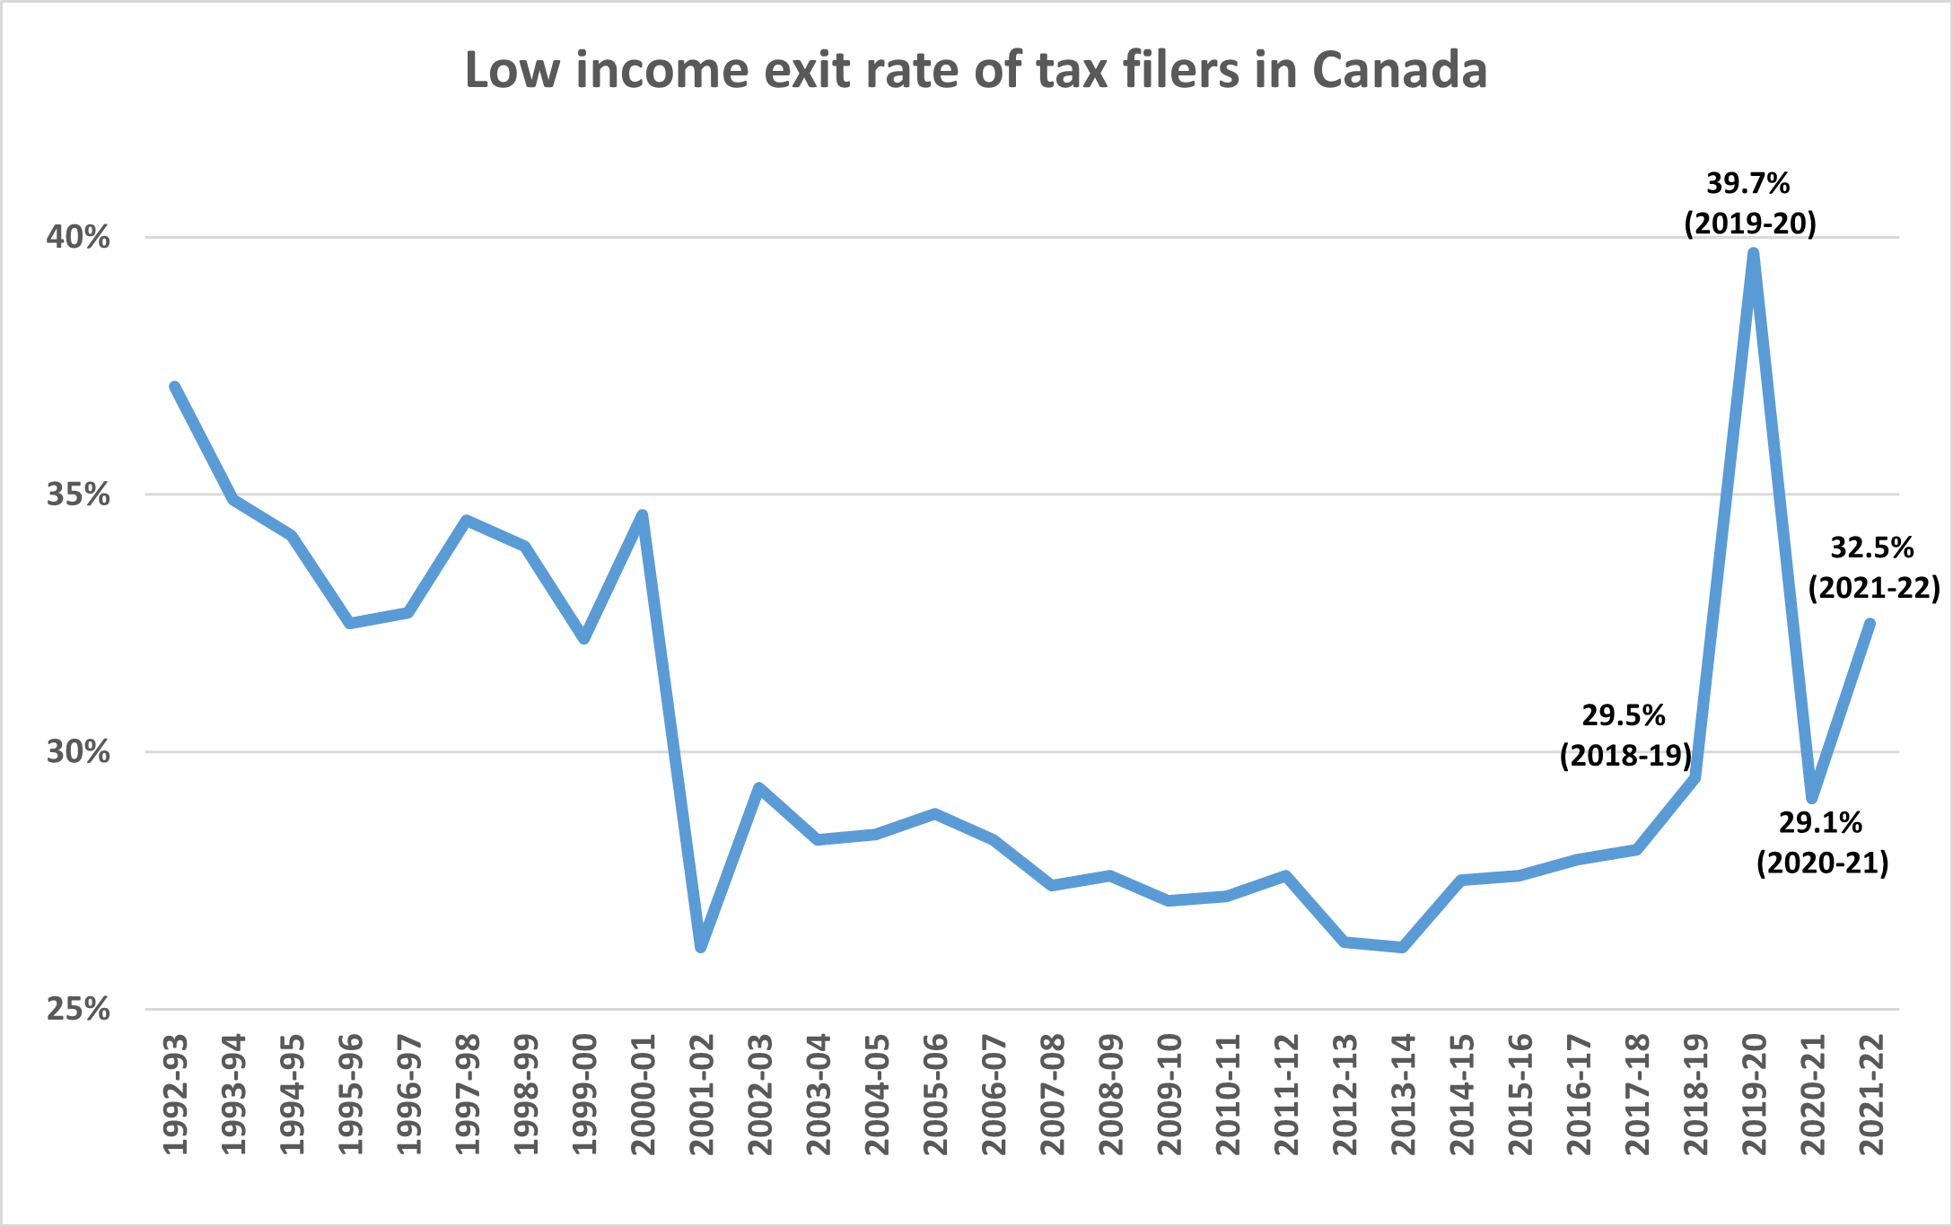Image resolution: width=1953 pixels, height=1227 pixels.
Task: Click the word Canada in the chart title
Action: pyautogui.click(x=1399, y=70)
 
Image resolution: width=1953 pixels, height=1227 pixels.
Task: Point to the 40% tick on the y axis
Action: pyautogui.click(x=78, y=238)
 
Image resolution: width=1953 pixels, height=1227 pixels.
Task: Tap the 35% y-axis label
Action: pyautogui.click(x=78, y=495)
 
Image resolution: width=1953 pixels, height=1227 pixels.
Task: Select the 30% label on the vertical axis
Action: pyautogui.click(x=78, y=752)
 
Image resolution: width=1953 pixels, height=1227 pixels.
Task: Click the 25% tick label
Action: pyautogui.click(x=78, y=1009)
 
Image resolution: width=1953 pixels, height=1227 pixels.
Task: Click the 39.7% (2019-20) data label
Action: pyautogui.click(x=1749, y=203)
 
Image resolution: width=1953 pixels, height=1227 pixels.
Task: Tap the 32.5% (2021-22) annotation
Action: pyautogui.click(x=1873, y=567)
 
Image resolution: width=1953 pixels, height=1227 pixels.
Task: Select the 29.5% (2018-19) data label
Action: pyautogui.click(x=1625, y=735)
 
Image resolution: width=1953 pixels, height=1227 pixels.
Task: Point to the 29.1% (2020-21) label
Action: pyautogui.click(x=1822, y=842)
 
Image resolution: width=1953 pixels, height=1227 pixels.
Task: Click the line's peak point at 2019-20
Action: pyautogui.click(x=1753, y=253)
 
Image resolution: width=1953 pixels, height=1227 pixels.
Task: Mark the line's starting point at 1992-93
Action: pyautogui.click(x=174, y=387)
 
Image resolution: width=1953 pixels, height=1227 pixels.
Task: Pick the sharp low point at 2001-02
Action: pyautogui.click(x=701, y=947)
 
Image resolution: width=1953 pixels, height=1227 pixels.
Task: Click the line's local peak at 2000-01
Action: pyautogui.click(x=643, y=514)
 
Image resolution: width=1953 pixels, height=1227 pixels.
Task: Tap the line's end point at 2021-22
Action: pyautogui.click(x=1870, y=623)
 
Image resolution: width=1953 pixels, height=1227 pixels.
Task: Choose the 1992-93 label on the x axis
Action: pyautogui.click(x=175, y=1095)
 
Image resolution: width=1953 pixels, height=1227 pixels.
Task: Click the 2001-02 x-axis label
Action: pyautogui.click(x=702, y=1095)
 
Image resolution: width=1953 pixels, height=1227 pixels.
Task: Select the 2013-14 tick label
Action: pyautogui.click(x=1403, y=1095)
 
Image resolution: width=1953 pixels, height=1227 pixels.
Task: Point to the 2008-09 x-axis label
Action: pyautogui.click(x=1111, y=1095)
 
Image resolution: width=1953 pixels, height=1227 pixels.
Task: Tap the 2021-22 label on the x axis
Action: pyautogui.click(x=1871, y=1095)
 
